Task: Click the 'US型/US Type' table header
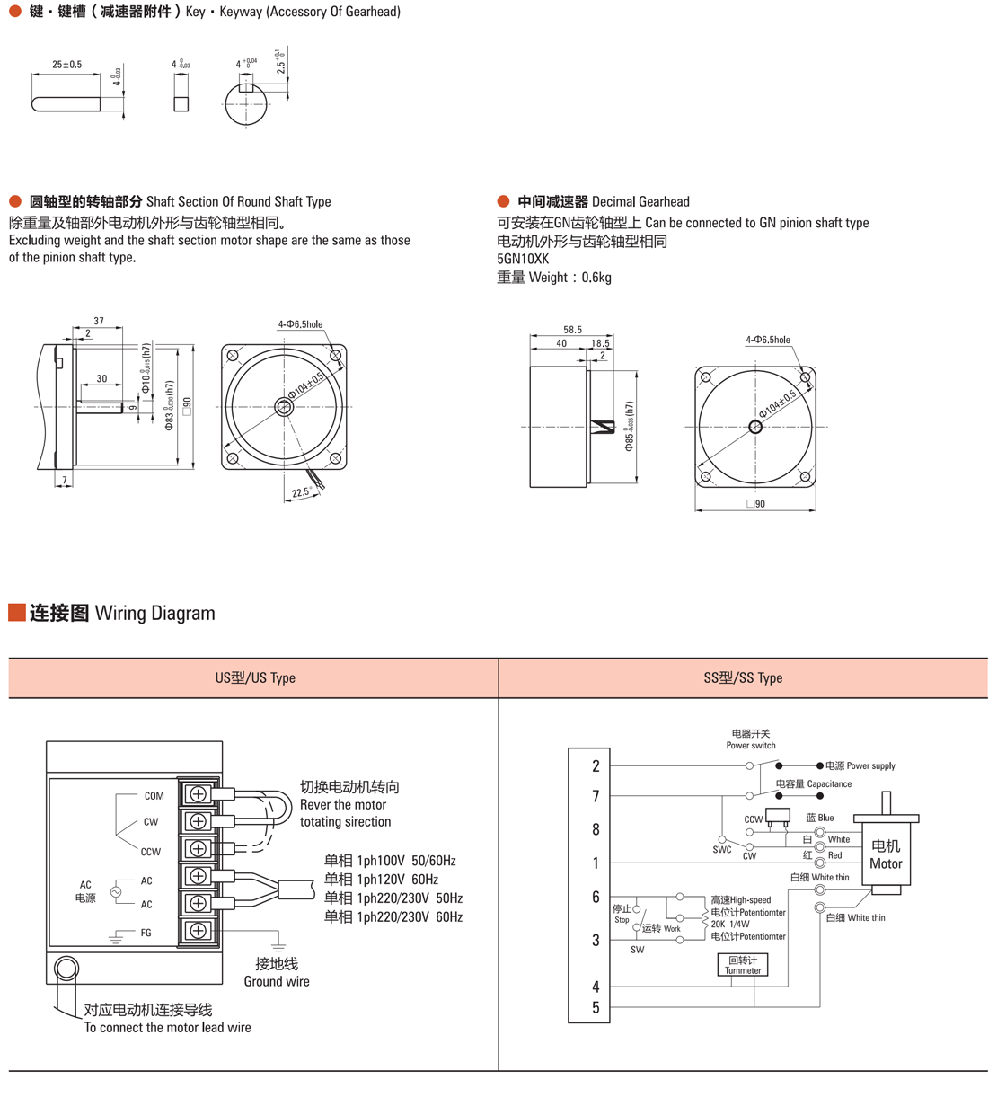pyautogui.click(x=255, y=677)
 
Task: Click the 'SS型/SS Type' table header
pyautogui.click(x=743, y=677)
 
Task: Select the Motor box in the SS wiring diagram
pyautogui.click(x=886, y=854)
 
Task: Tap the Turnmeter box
pyautogui.click(x=743, y=965)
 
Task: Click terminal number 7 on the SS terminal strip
pyautogui.click(x=596, y=796)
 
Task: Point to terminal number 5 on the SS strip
pyautogui.click(x=596, y=1008)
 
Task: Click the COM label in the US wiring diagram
pyautogui.click(x=154, y=796)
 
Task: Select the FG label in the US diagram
pyautogui.click(x=146, y=933)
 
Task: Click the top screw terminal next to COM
pyautogui.click(x=199, y=794)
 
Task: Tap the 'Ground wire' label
pyautogui.click(x=277, y=981)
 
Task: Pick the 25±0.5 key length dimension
pyautogui.click(x=66, y=65)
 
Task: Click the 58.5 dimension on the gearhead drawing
pyautogui.click(x=572, y=330)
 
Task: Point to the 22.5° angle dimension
pyautogui.click(x=301, y=492)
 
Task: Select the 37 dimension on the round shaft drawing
pyautogui.click(x=99, y=321)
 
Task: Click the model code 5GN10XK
pyautogui.click(x=523, y=259)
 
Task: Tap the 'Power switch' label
pyautogui.click(x=751, y=746)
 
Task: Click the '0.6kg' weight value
pyautogui.click(x=596, y=278)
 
